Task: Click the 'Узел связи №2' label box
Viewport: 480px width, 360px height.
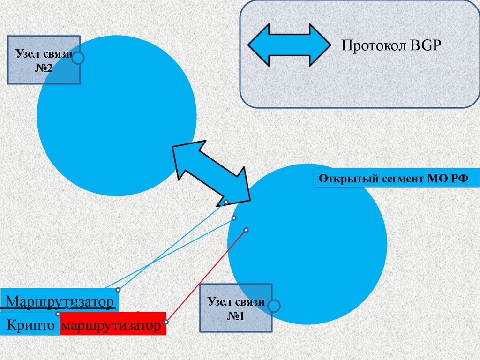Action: pos(44,60)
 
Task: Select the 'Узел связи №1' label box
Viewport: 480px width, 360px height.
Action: pos(236,308)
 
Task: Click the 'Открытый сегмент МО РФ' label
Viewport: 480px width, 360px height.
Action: pos(397,179)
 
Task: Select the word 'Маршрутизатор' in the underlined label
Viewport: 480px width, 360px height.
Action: pos(60,301)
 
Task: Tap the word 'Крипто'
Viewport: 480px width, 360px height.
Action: pos(30,325)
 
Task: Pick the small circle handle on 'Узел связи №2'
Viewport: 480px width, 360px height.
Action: pos(78,58)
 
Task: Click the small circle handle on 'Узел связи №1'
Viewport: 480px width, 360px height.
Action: pos(274,307)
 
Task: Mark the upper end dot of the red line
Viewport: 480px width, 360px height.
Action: pos(246,230)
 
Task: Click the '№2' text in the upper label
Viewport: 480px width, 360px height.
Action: pos(44,68)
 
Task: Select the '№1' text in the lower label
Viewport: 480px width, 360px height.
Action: pos(236,316)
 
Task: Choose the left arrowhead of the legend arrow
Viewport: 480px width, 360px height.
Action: pos(258,45)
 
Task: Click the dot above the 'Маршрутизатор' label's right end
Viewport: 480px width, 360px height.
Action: pos(118,290)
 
